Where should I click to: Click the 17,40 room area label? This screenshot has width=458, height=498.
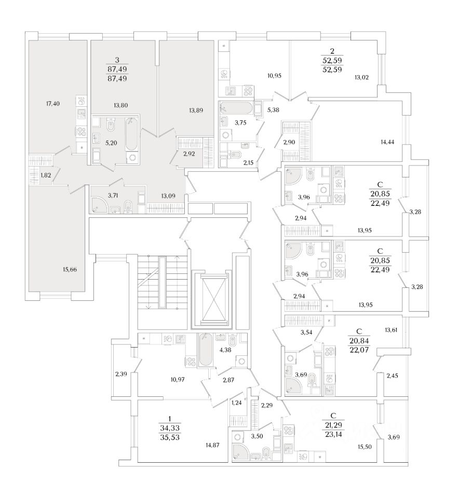pos(53,104)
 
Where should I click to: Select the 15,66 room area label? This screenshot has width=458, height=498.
pos(69,270)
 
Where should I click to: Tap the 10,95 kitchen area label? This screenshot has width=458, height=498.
pos(274,76)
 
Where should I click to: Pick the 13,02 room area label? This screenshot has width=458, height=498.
pos(361,78)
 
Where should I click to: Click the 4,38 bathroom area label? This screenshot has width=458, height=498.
pos(225,350)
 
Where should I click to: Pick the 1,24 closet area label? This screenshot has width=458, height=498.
pos(237,403)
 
